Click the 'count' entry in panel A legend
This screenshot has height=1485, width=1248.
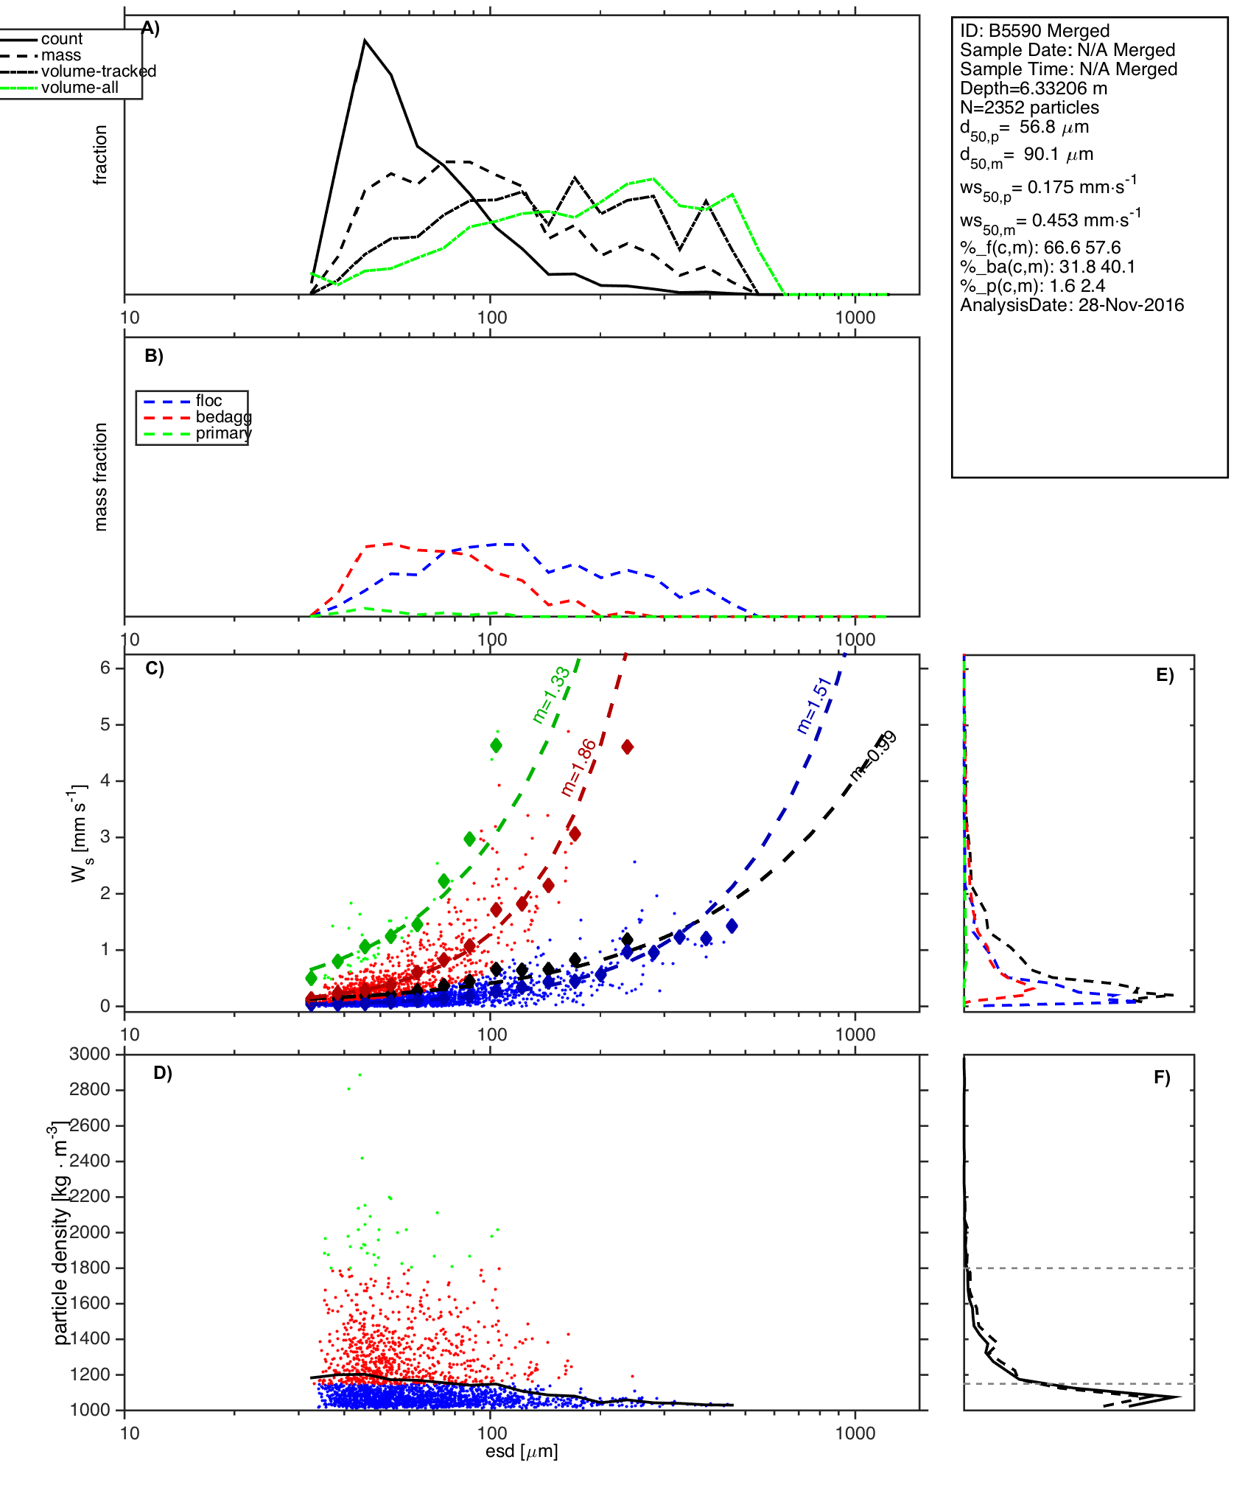click(x=61, y=39)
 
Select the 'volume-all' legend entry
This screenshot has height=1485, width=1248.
click(x=80, y=88)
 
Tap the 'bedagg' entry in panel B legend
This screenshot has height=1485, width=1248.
click(x=223, y=417)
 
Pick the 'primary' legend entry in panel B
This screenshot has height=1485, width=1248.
click(x=223, y=433)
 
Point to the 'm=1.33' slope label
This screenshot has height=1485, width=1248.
click(x=551, y=694)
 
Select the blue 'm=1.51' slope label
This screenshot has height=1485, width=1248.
click(x=814, y=705)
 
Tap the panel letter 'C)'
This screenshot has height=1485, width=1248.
click(x=155, y=668)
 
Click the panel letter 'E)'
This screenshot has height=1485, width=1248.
click(x=1165, y=675)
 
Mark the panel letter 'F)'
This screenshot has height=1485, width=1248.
click(x=1162, y=1077)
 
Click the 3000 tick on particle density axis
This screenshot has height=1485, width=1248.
click(x=90, y=1055)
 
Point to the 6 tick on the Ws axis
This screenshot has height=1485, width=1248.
click(x=105, y=668)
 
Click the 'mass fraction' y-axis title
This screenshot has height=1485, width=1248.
click(x=101, y=477)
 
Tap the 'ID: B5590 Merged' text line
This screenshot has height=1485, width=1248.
click(x=1034, y=31)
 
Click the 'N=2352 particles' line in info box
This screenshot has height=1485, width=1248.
click(x=1029, y=108)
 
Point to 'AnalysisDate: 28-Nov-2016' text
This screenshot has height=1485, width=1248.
click(x=1072, y=305)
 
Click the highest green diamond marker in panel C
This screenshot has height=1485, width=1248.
click(x=496, y=746)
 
